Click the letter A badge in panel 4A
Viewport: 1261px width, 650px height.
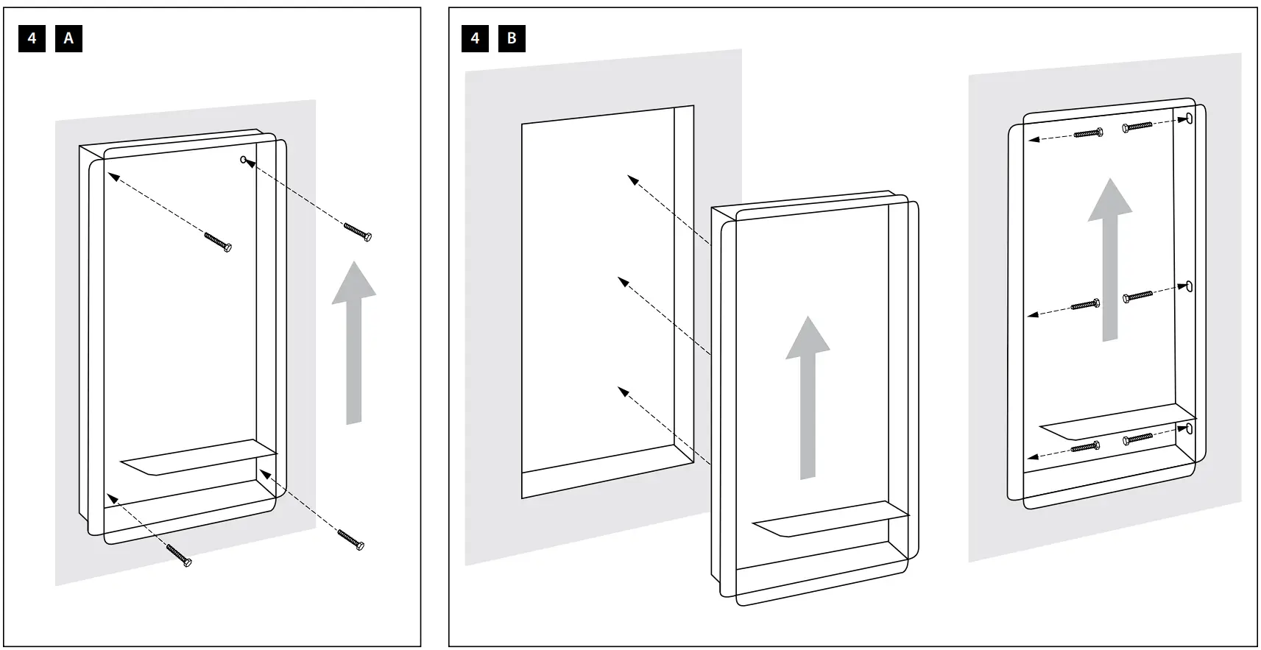(x=68, y=38)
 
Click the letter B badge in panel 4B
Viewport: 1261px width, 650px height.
(x=512, y=38)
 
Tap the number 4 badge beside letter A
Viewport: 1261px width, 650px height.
(x=32, y=38)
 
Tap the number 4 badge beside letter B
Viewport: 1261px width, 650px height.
(x=475, y=38)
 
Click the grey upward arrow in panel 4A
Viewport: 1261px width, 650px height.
(x=354, y=342)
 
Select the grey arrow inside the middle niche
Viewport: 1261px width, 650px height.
(x=808, y=398)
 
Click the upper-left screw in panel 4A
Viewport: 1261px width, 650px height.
(x=218, y=242)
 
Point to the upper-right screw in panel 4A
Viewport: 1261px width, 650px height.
(x=357, y=231)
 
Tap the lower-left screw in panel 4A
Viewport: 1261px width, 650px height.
(x=179, y=554)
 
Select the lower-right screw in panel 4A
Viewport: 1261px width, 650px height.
(x=351, y=539)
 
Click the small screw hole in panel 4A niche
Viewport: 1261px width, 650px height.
(x=244, y=160)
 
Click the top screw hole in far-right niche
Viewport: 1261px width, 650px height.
(x=1189, y=119)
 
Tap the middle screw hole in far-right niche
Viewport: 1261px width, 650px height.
(x=1188, y=286)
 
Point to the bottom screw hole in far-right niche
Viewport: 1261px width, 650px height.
(x=1190, y=428)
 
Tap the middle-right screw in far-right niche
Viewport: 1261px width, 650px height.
(x=1137, y=297)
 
